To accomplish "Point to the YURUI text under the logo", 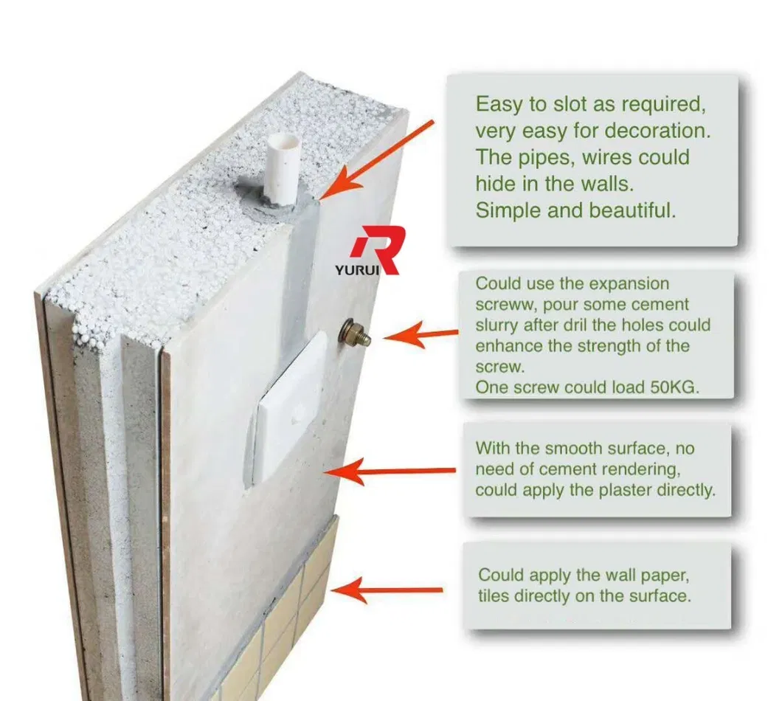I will pyautogui.click(x=356, y=270).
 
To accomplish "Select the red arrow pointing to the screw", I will pyautogui.click(x=421, y=336).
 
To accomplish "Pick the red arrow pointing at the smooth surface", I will pyautogui.click(x=392, y=471).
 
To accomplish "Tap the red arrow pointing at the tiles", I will pyautogui.click(x=387, y=588).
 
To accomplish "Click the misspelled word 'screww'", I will pyautogui.click(x=502, y=305).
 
